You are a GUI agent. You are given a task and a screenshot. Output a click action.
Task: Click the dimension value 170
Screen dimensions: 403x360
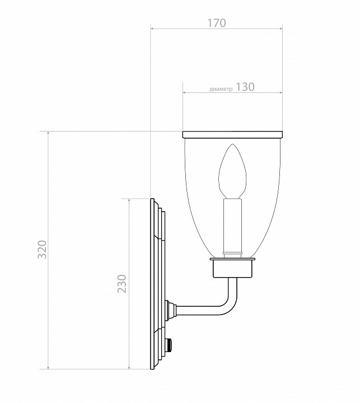(x=216, y=23)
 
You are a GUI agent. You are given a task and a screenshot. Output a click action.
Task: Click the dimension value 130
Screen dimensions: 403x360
(x=245, y=87)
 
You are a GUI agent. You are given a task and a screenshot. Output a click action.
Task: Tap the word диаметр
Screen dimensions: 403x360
(x=221, y=89)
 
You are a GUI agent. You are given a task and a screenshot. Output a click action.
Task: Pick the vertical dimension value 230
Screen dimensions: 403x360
(x=122, y=283)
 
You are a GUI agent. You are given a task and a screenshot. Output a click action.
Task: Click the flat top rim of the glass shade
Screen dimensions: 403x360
(x=232, y=134)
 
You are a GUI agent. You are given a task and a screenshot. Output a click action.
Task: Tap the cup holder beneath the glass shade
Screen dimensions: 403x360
(x=232, y=270)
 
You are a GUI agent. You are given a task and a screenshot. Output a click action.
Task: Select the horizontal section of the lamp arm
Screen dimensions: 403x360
(x=199, y=307)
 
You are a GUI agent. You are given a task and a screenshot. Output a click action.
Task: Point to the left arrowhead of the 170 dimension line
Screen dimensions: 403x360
(x=153, y=27)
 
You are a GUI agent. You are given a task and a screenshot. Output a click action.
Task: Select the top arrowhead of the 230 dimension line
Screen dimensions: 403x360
(x=129, y=200)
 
